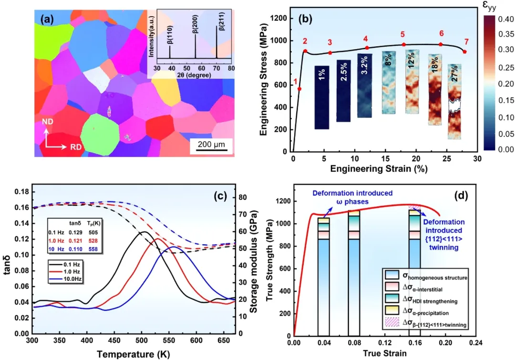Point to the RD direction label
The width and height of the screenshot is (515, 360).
tap(76, 147)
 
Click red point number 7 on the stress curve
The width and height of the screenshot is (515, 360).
tap(465, 51)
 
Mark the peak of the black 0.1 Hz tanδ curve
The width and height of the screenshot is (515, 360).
tap(143, 232)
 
